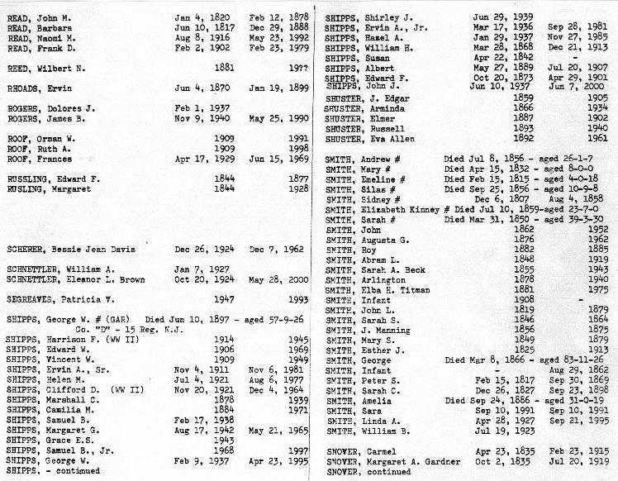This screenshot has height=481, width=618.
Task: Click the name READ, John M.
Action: click(x=37, y=17)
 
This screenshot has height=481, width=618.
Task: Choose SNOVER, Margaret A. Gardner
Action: click(x=384, y=462)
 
